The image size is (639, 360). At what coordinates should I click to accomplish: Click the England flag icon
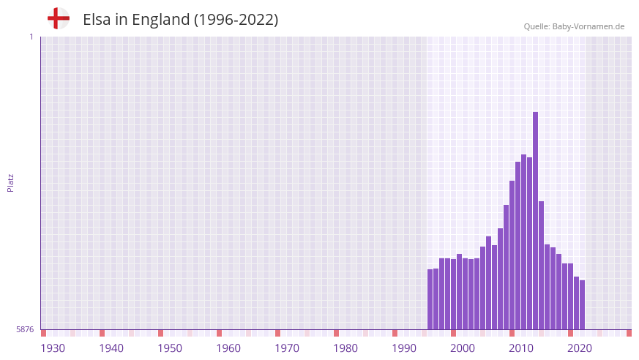(59, 18)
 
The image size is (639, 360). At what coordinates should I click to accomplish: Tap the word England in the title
(160, 20)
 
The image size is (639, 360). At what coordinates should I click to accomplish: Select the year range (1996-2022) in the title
(236, 20)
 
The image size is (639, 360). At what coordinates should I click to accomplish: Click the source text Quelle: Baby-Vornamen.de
(574, 26)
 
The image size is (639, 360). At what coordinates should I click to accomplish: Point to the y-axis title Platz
(10, 183)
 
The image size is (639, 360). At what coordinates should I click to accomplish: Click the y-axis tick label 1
(31, 37)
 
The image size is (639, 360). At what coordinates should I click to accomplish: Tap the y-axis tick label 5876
(25, 329)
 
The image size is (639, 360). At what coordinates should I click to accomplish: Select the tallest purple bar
(535, 220)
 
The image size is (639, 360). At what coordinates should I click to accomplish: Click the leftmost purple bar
(430, 299)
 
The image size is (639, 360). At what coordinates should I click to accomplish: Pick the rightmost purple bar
(582, 304)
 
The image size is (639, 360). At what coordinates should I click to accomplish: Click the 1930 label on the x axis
(53, 348)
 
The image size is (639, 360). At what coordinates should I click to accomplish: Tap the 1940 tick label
(111, 348)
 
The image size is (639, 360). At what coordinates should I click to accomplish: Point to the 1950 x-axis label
(170, 348)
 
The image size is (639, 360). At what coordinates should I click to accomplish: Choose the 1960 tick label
(228, 348)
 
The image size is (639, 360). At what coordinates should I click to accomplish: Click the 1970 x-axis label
(287, 348)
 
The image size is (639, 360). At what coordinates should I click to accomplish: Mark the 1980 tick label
(345, 348)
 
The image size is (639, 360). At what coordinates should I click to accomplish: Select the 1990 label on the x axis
(404, 348)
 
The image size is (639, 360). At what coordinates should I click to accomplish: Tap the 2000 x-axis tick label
(463, 348)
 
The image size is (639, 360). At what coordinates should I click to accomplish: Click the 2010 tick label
(521, 348)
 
